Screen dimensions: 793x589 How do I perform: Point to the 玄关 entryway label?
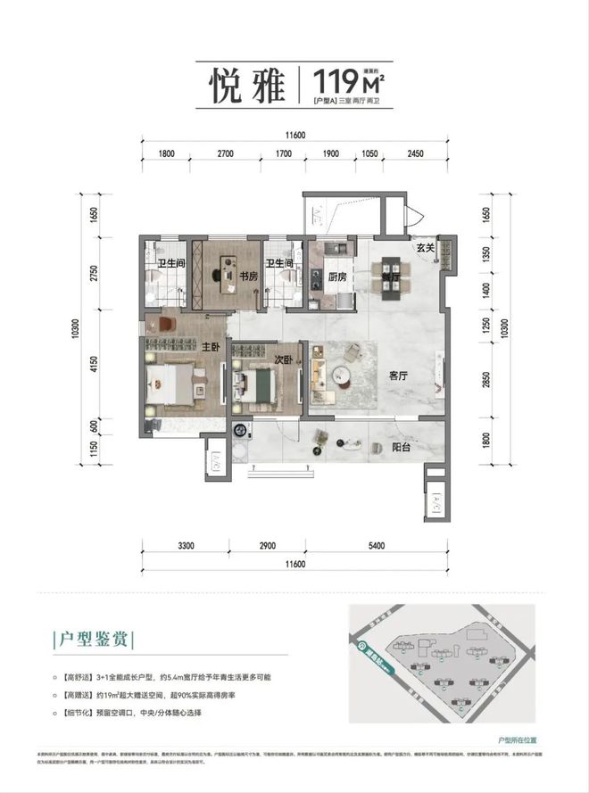pyautogui.click(x=424, y=248)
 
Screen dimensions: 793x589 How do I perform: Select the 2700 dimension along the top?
pyautogui.click(x=225, y=153)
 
